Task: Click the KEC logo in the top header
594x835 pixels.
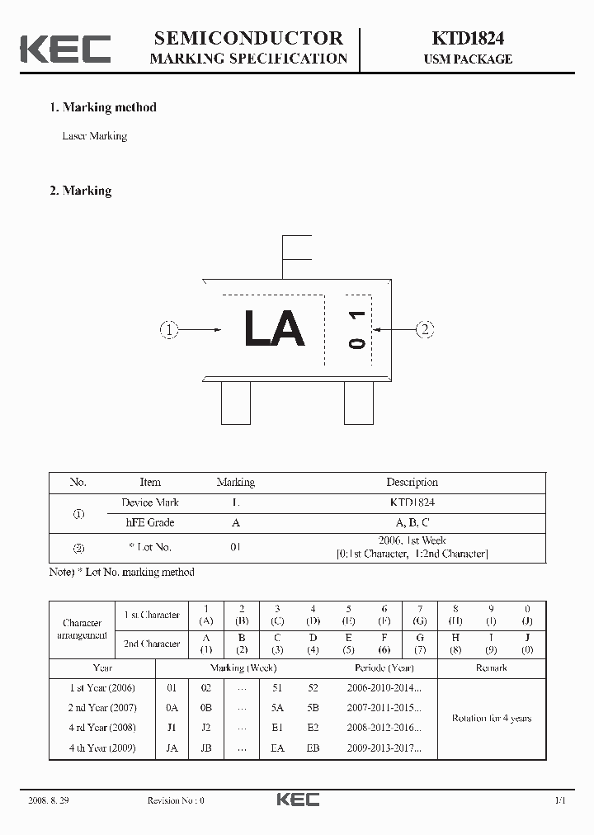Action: tap(65, 49)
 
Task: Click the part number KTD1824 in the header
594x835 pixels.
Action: tap(468, 38)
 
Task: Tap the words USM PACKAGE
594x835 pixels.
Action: tap(468, 59)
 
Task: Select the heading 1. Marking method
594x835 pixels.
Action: tap(103, 107)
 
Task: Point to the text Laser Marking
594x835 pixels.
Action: tap(95, 136)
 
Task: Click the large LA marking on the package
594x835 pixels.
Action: tap(275, 329)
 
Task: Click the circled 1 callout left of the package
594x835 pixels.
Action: tap(168, 330)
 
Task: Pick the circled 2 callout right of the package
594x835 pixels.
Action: tap(425, 330)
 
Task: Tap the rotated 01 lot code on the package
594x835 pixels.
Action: tap(356, 330)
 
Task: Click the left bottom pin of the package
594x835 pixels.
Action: tap(236, 404)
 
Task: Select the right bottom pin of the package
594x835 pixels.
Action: tap(359, 404)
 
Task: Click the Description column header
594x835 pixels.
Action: tap(412, 483)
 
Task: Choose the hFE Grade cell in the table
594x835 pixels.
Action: tap(149, 522)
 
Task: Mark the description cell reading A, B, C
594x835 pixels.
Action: tap(412, 522)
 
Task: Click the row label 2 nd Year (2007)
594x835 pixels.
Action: tap(102, 708)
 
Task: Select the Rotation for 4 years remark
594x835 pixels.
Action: tap(491, 719)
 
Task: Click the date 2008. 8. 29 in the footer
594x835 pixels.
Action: tap(49, 800)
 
